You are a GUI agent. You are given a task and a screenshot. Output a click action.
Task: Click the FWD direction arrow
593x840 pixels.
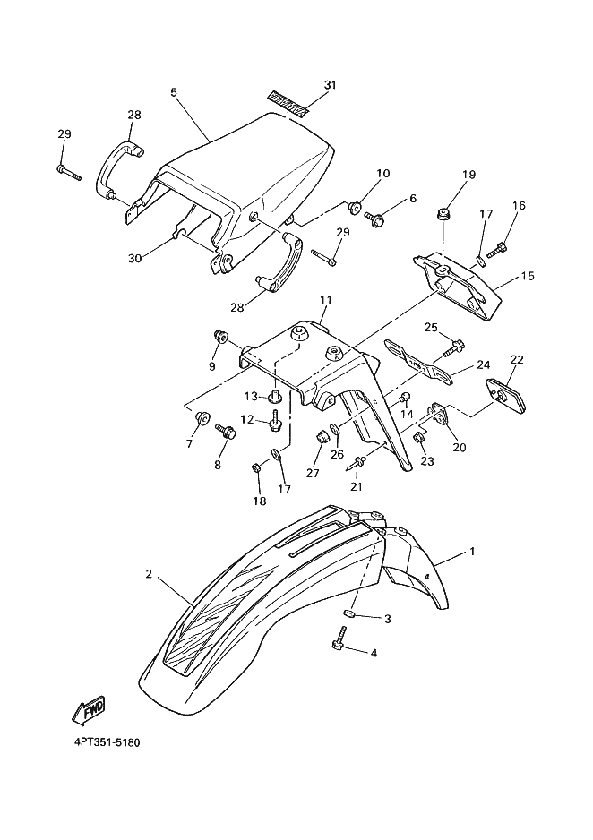click(87, 712)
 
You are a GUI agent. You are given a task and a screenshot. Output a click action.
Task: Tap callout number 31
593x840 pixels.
click(330, 86)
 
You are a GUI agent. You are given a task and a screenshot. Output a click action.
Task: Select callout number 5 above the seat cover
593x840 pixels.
click(174, 92)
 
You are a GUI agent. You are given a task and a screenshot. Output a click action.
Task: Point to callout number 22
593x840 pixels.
click(516, 359)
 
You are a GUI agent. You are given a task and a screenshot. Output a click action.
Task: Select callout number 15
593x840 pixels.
click(527, 276)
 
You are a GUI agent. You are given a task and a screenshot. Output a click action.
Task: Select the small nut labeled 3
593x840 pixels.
click(350, 614)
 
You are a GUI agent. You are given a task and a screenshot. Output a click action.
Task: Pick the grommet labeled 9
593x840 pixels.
click(218, 337)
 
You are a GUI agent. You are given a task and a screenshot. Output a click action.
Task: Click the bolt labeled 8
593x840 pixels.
click(225, 433)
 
